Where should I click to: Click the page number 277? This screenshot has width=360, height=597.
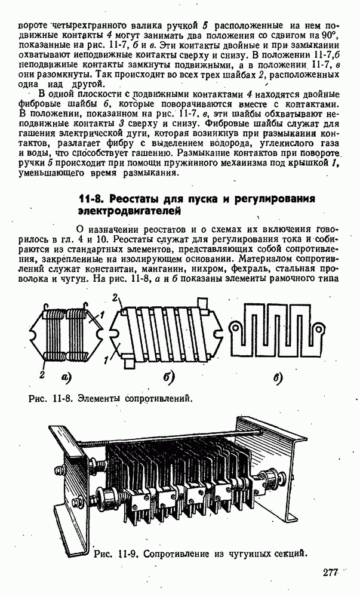330,573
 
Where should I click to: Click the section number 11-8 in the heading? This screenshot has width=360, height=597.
92,199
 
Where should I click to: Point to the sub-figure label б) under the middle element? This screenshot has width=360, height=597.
169,377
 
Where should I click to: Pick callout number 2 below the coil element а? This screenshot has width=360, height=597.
42,374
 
